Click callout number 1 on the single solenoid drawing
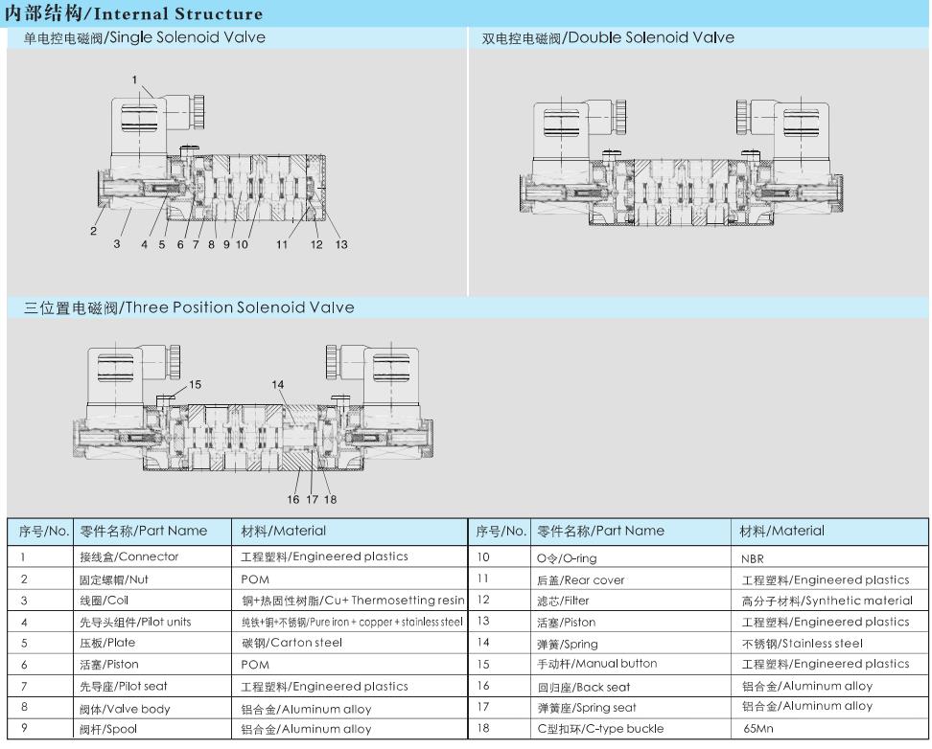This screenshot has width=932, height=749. tap(135, 79)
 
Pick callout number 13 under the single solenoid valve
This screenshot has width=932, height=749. tap(341, 244)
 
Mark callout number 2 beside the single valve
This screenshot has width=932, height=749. tap(94, 231)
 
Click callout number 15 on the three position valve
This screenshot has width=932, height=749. tap(195, 384)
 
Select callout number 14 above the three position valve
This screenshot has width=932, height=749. tap(278, 384)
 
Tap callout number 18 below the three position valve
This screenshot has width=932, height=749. tap(330, 499)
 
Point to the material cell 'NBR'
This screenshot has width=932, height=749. tap(754, 557)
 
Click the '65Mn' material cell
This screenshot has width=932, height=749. tap(757, 729)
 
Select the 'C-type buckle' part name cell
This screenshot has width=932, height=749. tap(600, 729)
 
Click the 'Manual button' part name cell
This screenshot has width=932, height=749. tap(597, 664)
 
